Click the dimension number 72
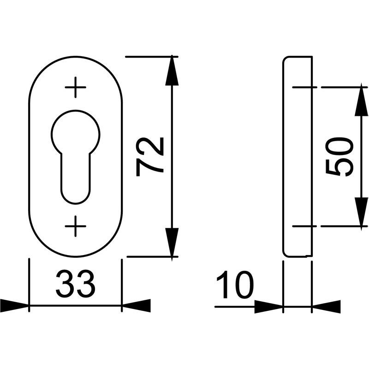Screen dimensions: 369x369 tap(150, 157)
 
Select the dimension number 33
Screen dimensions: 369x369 tap(76, 284)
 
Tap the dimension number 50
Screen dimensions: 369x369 tap(339, 157)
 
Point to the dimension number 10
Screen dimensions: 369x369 tap(235, 285)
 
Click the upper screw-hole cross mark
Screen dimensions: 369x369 tap(76, 87)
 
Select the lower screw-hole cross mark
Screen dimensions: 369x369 tap(76, 226)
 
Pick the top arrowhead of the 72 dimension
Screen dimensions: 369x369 tap(172, 71)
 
